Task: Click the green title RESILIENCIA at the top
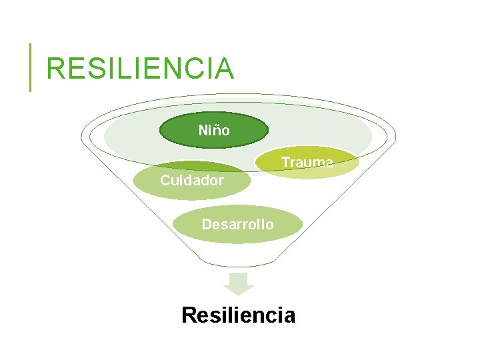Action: (140, 69)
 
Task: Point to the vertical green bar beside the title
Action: (30, 67)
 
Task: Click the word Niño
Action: (214, 131)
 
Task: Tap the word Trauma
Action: (307, 162)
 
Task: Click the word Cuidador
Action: (191, 180)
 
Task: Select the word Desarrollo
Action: (237, 224)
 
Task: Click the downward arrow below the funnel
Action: (238, 283)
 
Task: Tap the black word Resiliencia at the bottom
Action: (238, 315)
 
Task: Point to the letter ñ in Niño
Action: (217, 131)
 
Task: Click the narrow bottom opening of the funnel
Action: (238, 261)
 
